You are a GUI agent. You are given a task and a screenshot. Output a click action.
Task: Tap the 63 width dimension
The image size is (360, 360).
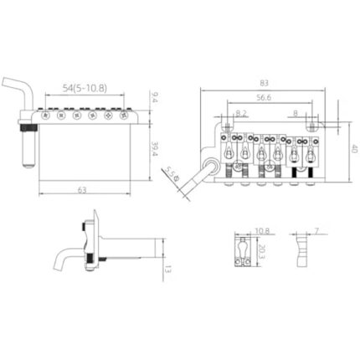82,190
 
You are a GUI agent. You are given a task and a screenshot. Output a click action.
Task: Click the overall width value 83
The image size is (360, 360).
264,83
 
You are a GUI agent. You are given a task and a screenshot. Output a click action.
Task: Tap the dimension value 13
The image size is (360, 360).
170,269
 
